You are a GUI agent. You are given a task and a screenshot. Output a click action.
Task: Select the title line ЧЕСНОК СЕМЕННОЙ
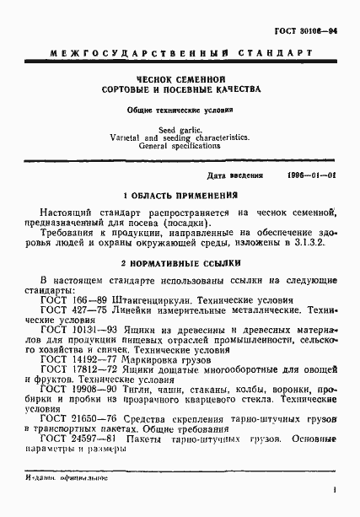[x=180, y=78]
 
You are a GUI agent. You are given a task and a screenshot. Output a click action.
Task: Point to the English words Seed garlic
[x=180, y=128]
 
